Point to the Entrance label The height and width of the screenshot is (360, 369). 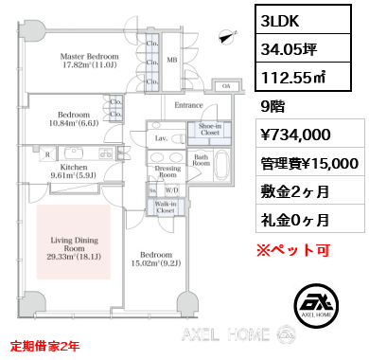tap(189, 105)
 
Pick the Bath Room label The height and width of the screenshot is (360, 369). tap(201, 159)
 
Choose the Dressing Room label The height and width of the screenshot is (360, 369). tap(167, 171)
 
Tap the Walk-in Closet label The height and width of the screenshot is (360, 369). tap(166, 206)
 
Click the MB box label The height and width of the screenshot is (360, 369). tap(172, 60)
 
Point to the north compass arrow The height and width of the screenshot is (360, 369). tap(224, 37)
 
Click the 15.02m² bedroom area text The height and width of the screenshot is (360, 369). tap(156, 262)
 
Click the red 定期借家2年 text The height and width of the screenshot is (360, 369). tap(45, 346)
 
